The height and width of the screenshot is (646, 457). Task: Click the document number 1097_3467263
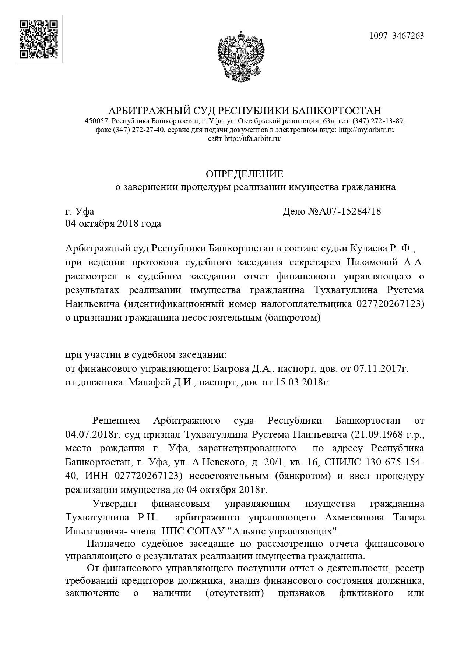click(397, 36)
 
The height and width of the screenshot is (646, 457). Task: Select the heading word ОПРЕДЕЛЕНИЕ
click(245, 174)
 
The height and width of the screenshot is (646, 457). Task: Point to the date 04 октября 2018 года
click(113, 223)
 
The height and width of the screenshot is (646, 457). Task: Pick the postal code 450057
click(96, 121)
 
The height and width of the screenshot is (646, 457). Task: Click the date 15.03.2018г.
click(303, 382)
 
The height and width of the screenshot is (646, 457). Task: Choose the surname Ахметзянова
click(354, 517)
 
